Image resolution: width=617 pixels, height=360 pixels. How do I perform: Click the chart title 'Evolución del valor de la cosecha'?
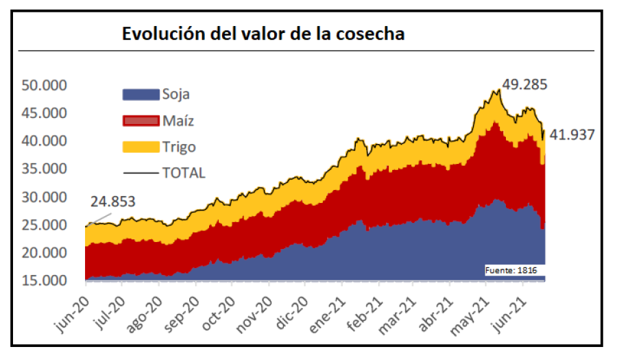(263, 34)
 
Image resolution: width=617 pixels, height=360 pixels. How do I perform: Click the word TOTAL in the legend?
(183, 173)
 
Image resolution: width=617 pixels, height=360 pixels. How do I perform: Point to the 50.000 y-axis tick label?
(45, 86)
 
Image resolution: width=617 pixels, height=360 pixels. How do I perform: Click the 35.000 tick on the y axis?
(45, 169)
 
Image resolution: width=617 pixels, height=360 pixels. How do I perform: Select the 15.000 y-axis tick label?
(45, 281)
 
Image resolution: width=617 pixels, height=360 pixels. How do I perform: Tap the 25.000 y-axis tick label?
(45, 226)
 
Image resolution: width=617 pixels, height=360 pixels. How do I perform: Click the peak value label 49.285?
(525, 84)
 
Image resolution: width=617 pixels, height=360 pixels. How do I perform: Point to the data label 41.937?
(570, 135)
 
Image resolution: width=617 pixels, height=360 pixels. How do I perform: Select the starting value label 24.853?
(112, 202)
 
